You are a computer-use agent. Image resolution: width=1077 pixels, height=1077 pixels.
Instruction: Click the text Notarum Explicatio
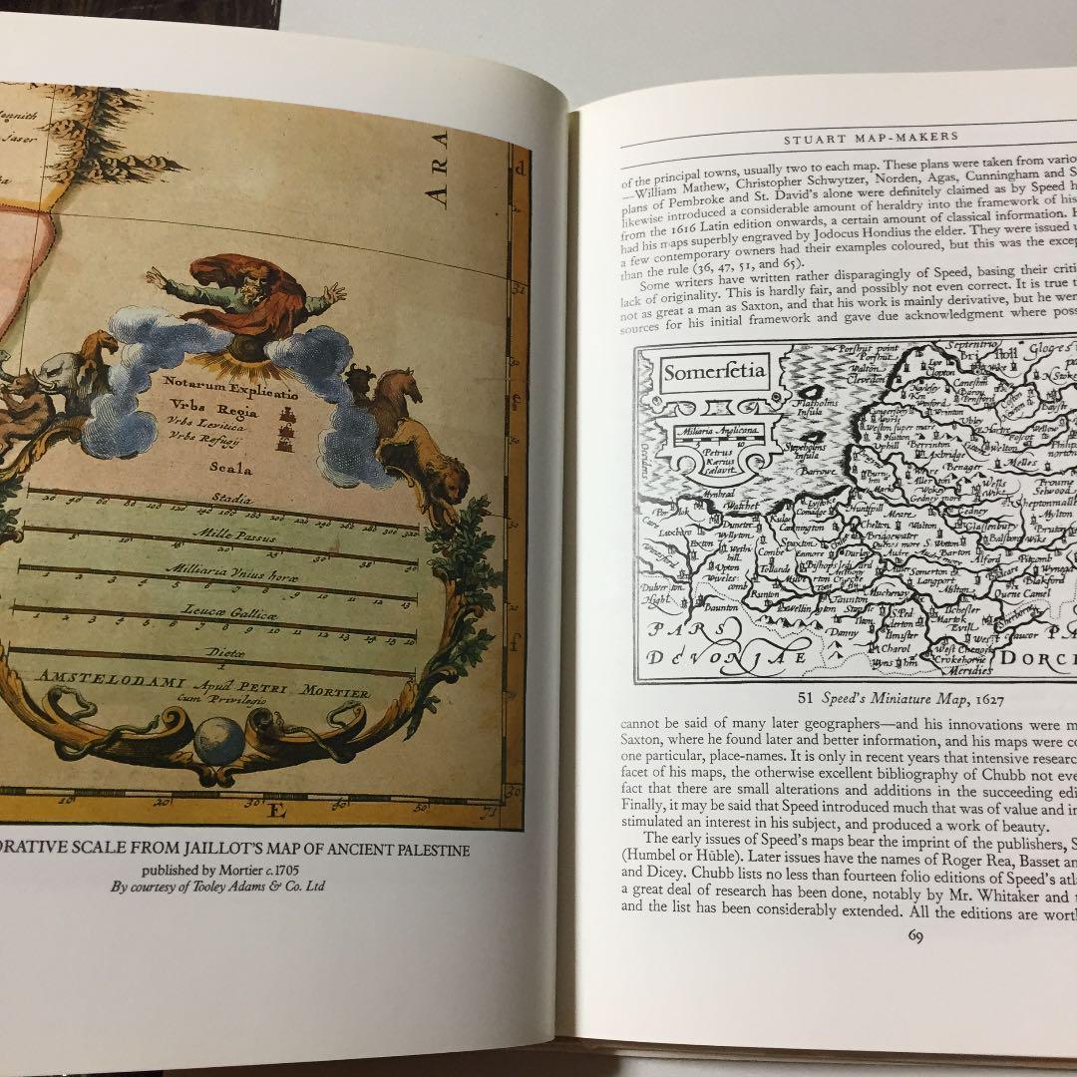[217, 381]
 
